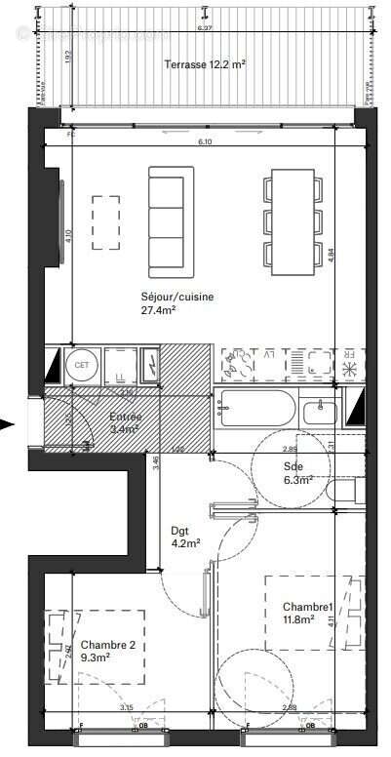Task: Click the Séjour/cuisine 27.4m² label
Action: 177,303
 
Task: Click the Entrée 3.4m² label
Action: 125,422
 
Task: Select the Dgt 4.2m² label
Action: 185,538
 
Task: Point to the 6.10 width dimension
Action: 205,141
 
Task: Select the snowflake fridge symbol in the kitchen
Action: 350,369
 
